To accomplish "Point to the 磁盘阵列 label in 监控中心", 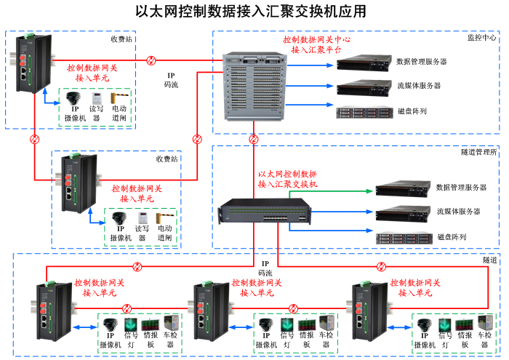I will pos(412,111).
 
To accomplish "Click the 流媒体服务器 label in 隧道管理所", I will pos(459,212).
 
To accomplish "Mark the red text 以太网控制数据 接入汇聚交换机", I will pos(288,179).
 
